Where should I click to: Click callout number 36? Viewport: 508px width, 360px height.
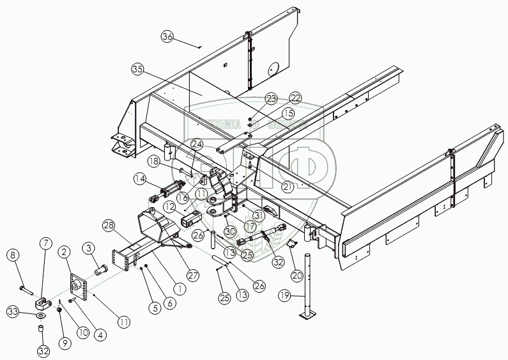point(167,36)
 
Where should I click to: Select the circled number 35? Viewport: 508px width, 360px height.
point(137,68)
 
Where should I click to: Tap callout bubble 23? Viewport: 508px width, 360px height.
point(272,99)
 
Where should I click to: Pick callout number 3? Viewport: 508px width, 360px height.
point(89,247)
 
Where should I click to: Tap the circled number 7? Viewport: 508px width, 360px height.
point(45,242)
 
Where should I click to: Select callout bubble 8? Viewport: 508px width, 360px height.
point(12,256)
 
